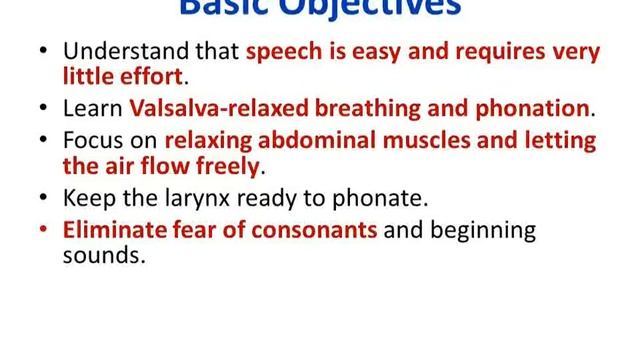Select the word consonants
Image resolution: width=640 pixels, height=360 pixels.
(x=316, y=230)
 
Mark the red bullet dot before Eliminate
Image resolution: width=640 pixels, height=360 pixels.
(x=43, y=230)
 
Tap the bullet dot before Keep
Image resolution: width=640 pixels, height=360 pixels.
(x=43, y=197)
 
